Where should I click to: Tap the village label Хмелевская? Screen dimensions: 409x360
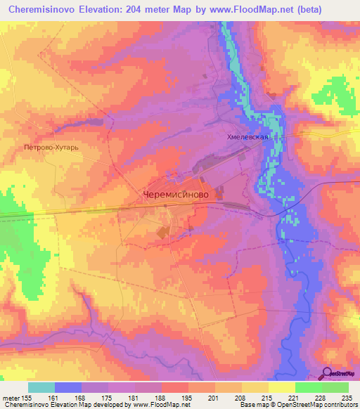pyautogui.click(x=246, y=138)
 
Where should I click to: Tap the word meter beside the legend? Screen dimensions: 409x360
pyautogui.click(x=11, y=398)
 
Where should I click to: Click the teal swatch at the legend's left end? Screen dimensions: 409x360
pyautogui.click(x=41, y=387)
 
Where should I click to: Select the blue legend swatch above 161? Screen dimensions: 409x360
pyautogui.click(x=68, y=387)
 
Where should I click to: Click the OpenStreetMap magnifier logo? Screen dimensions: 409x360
pyautogui.click(x=327, y=373)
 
